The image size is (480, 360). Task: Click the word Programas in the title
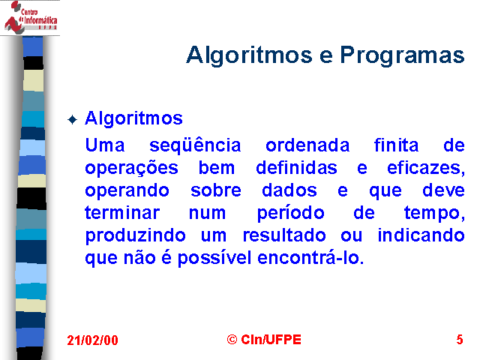coord(402,55)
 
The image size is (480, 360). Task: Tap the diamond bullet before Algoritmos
coord(72,119)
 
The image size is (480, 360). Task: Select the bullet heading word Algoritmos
coord(133,118)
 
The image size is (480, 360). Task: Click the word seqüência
coord(195,145)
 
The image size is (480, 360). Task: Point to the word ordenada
coord(307,145)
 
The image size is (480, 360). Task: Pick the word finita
coord(396,145)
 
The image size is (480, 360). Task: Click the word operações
coord(132,168)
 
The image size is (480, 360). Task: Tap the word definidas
coord(296,167)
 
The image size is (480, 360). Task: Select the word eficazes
coord(426,168)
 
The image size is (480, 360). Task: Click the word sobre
coord(216,190)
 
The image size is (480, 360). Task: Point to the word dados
coord(289,190)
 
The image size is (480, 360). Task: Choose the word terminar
coord(122,212)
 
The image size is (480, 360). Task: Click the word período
coord(290,213)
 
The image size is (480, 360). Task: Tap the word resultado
coord(284,235)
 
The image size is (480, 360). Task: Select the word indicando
coord(421,235)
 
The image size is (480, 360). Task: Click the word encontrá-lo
coord(310,257)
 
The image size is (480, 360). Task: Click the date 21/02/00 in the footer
coord(92,340)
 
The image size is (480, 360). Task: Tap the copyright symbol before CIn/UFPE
coord(232,340)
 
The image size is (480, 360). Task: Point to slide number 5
coord(460,340)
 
